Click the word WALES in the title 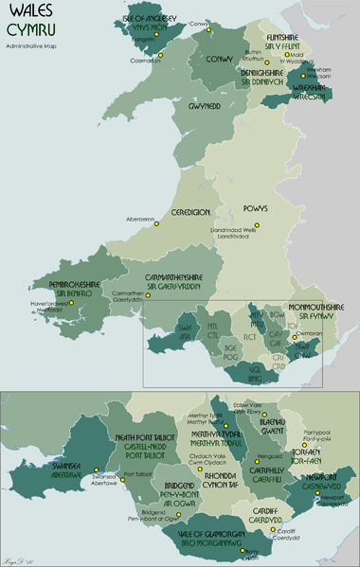(28, 13)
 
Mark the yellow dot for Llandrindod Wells (269, 225)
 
